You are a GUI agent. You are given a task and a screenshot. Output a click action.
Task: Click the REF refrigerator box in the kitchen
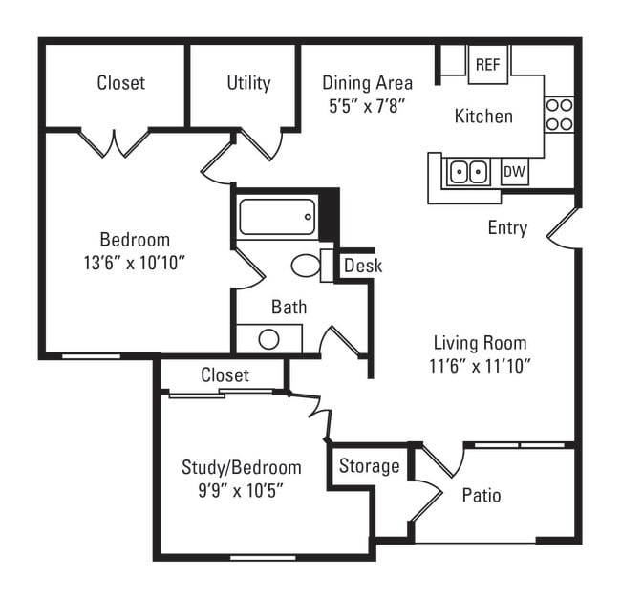point(487,65)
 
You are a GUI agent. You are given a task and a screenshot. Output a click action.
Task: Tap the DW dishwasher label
point(514,172)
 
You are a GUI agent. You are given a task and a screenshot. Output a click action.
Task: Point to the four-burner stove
point(559,115)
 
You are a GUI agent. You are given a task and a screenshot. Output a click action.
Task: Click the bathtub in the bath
point(277,217)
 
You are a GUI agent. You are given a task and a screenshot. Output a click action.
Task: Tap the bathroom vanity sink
point(268,339)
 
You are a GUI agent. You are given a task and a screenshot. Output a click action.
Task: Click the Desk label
point(362,266)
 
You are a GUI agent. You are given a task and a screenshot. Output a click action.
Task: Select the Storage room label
point(369,466)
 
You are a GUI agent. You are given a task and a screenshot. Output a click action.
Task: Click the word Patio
point(482,495)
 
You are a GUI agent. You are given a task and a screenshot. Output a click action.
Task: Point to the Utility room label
point(248,83)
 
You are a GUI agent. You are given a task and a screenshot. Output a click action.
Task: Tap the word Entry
point(507,228)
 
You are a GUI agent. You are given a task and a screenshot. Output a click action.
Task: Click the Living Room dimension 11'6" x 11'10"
point(481,364)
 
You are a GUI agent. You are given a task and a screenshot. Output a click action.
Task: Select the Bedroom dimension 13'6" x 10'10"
point(135,262)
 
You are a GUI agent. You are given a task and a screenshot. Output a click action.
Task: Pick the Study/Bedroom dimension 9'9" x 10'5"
point(241,490)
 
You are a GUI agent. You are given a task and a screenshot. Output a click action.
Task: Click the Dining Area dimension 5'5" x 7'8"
point(367,105)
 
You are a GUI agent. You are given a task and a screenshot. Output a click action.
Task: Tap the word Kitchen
point(483,117)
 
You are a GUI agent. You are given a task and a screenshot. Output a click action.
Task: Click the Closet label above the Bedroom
point(121,83)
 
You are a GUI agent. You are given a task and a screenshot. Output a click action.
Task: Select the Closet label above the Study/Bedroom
point(225,375)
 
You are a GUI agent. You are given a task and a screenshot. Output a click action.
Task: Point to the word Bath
point(289,307)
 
